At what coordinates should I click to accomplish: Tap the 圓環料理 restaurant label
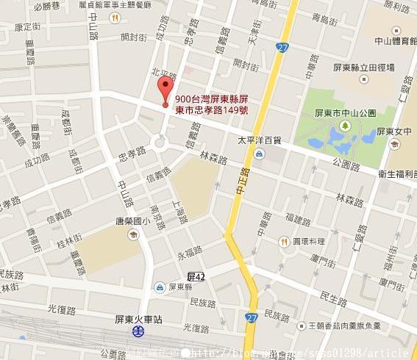tap(308, 241)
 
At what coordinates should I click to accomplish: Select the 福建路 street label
tap(299, 219)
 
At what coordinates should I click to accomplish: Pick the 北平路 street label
tap(164, 76)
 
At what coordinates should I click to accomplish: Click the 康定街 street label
tap(28, 26)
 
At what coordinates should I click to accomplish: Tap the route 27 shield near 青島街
tap(283, 47)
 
